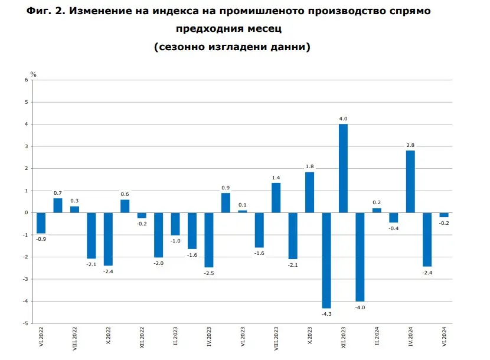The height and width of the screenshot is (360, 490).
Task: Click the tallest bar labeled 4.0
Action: [343, 168]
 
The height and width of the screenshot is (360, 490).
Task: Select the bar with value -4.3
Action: [326, 260]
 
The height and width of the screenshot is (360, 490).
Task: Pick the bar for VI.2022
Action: [41, 223]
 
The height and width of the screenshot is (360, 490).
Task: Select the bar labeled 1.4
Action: [276, 198]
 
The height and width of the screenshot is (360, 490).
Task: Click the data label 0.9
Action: [226, 188]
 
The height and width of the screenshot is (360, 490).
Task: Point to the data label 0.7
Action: [58, 192]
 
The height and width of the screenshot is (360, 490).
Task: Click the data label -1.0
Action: [175, 241]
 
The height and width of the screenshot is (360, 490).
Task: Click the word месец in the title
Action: [264, 28]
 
